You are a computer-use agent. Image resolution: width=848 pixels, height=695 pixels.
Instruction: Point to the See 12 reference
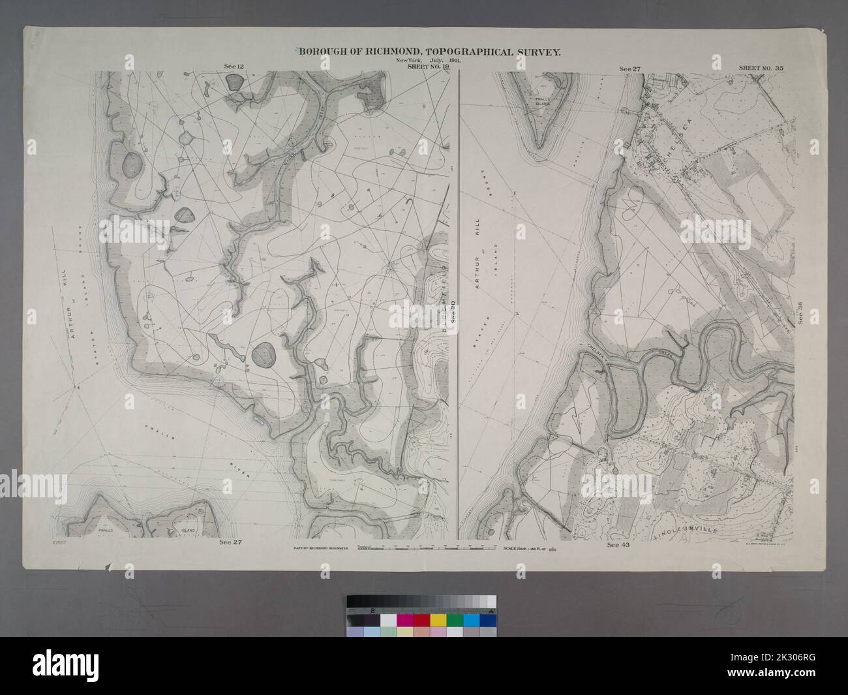point(226,67)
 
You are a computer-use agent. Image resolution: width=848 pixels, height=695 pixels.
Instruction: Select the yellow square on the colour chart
point(438,619)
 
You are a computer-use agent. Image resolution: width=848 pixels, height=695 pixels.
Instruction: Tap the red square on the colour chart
point(421,619)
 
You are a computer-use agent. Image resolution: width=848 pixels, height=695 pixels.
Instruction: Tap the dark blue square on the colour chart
point(489,619)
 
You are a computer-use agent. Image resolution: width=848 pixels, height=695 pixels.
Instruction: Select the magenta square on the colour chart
point(404,619)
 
